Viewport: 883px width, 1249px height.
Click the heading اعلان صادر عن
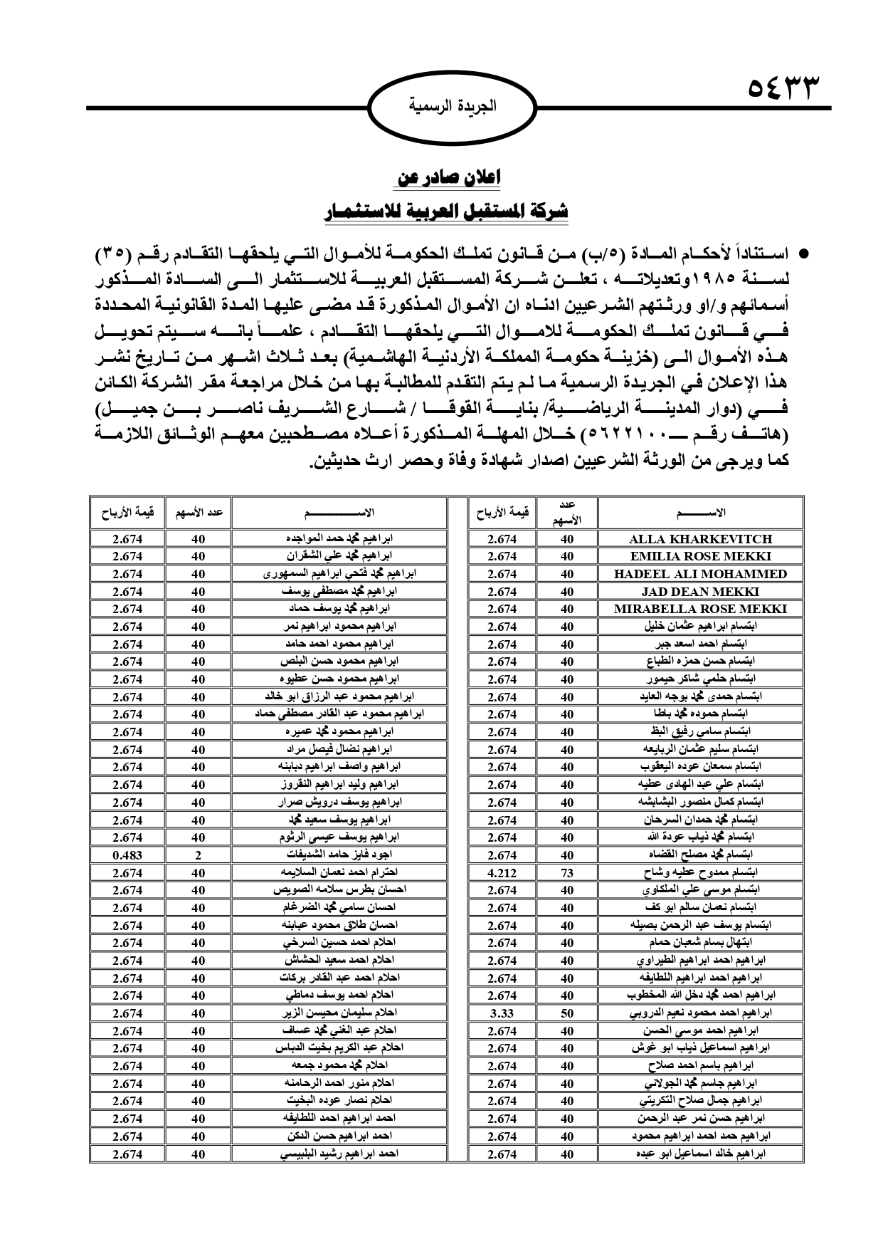click(x=447, y=177)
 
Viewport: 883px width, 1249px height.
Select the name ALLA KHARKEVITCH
click(x=700, y=539)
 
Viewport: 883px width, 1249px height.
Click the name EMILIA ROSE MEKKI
click(x=700, y=557)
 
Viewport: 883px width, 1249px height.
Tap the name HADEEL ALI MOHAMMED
click(x=700, y=574)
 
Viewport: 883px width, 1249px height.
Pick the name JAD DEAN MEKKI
click(x=700, y=592)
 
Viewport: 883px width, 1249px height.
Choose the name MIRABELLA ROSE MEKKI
click(x=700, y=609)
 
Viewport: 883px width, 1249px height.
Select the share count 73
click(x=567, y=873)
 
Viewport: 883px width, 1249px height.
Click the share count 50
click(x=567, y=1013)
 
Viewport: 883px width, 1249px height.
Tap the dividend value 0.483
click(x=127, y=855)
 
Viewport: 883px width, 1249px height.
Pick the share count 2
click(x=199, y=855)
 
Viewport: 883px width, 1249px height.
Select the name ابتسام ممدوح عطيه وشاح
click(x=700, y=873)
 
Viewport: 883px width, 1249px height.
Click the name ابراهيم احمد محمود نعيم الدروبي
click(x=700, y=1013)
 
